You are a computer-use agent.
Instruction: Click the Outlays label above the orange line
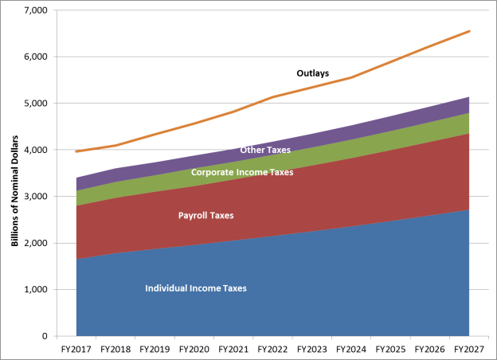313,73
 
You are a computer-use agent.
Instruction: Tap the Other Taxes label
265,150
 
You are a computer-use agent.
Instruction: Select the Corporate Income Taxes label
242,171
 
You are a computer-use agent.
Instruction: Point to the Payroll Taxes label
205,215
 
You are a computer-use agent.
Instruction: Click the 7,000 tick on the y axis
37,10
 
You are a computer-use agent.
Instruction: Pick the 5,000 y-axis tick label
37,104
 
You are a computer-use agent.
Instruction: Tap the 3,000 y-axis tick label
37,196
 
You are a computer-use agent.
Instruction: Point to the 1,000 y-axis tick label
37,289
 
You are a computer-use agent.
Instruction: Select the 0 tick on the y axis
45,335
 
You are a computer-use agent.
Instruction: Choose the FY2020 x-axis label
194,349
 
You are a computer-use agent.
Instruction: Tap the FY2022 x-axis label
273,349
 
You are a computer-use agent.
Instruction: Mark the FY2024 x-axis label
351,349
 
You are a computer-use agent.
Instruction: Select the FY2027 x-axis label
469,349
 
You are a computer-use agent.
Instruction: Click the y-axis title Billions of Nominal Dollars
14,173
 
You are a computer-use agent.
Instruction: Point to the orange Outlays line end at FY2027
469,31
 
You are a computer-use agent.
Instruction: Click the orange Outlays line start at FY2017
77,151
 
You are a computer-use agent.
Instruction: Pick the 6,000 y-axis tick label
37,57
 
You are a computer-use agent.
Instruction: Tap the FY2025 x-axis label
391,349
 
